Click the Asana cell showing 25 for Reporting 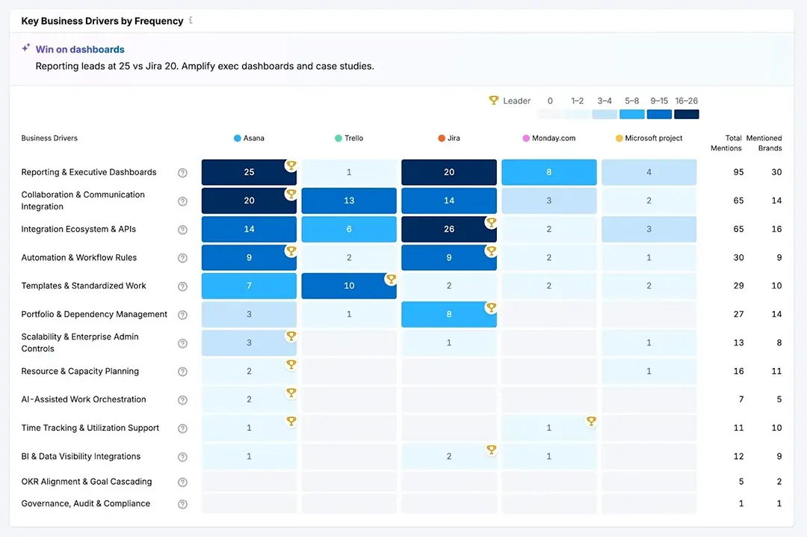(249, 172)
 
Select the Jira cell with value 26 (448, 229)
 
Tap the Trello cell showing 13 (349, 200)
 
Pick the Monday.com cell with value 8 (548, 172)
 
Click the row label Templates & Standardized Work (84, 286)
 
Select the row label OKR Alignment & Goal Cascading (87, 482)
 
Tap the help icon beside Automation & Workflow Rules (182, 258)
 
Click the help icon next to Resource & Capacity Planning (182, 372)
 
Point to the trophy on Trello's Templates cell (391, 279)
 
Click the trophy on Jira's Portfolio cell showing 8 (491, 307)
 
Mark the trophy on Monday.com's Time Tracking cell (591, 421)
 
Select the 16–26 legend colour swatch (686, 114)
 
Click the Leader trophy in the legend (493, 100)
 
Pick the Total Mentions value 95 (738, 172)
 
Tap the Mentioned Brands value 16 (776, 229)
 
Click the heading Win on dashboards (80, 49)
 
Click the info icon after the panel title (191, 20)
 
